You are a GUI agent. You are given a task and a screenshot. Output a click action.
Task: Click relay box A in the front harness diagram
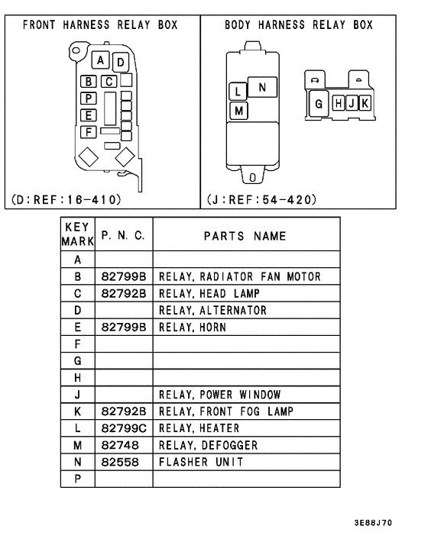tap(101, 60)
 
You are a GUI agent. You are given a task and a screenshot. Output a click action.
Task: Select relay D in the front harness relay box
tap(120, 61)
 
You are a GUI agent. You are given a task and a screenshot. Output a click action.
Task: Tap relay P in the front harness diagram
tap(89, 98)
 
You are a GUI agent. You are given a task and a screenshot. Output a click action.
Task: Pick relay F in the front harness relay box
tap(89, 131)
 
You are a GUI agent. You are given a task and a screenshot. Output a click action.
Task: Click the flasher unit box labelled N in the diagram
tap(262, 88)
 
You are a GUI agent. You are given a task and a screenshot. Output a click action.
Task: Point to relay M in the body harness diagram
tap(238, 111)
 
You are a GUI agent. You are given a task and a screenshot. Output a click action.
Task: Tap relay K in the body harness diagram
tap(364, 103)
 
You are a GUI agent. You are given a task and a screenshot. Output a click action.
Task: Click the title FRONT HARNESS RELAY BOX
tap(100, 25)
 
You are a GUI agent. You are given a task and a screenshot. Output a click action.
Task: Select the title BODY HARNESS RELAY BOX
tap(299, 25)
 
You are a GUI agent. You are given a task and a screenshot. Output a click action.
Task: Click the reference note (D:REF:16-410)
tap(66, 200)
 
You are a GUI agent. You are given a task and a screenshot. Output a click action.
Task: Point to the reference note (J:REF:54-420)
tap(261, 200)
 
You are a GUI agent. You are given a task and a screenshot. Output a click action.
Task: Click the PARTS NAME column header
tap(245, 236)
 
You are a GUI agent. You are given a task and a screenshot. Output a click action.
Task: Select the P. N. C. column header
tap(122, 236)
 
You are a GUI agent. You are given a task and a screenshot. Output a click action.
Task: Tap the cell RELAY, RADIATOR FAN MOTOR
tap(239, 276)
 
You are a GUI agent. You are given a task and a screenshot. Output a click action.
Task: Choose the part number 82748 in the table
tap(118, 445)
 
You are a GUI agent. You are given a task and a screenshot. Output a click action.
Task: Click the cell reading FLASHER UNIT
tap(201, 462)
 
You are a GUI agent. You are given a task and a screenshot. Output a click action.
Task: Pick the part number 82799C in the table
tap(122, 428)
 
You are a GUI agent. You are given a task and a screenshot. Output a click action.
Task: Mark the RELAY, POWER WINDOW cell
tap(219, 395)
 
